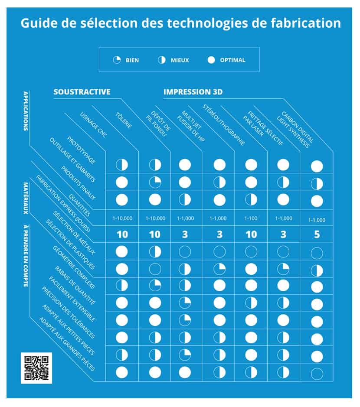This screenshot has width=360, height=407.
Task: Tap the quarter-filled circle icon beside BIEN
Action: (x=117, y=60)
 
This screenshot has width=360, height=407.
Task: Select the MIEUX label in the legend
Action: (x=179, y=60)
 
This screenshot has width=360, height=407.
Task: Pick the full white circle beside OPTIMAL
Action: (x=211, y=60)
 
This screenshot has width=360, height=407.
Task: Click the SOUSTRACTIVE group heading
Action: (x=82, y=92)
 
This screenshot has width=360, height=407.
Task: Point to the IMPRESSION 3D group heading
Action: (x=193, y=92)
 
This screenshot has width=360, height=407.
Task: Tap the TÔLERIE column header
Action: (x=124, y=120)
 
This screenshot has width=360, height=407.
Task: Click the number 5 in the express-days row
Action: (x=317, y=235)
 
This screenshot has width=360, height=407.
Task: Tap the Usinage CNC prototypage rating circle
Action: (x=122, y=165)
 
